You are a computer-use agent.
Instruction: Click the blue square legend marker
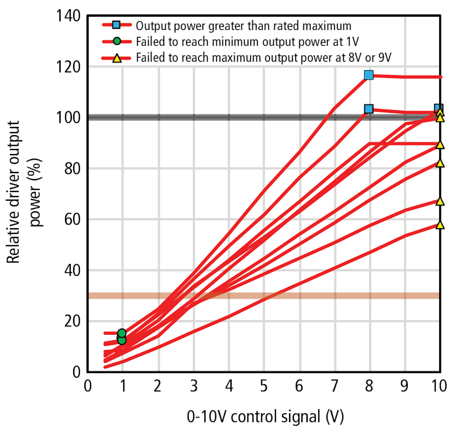116,25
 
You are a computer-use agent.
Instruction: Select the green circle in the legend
117,41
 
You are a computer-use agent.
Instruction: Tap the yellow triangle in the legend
117,58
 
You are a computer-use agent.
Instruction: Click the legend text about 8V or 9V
263,58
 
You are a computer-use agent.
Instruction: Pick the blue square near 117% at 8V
369,75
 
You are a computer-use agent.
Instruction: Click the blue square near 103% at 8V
369,109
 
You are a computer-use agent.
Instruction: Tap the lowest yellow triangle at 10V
440,225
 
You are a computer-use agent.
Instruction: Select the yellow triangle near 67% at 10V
440,202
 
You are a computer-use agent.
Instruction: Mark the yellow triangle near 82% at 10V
440,163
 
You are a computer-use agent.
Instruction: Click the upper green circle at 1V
122,333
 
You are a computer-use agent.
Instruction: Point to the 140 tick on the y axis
68,16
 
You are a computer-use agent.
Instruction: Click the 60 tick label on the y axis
72,219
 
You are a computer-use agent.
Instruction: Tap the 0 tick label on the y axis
76,372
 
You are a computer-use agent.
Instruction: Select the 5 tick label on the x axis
264,386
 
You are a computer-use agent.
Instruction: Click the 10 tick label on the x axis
439,386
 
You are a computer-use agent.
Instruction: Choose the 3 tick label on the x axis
193,386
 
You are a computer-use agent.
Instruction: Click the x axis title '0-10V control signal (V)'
265,417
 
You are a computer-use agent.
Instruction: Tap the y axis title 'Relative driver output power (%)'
24,192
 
